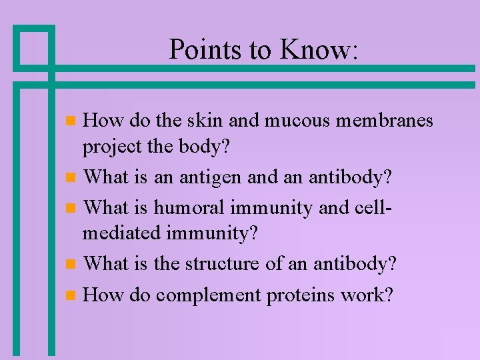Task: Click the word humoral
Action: [190, 207]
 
